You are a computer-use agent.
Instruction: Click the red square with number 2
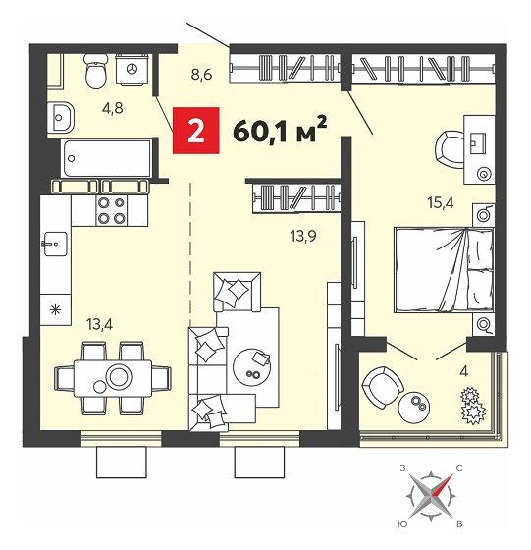[196, 131]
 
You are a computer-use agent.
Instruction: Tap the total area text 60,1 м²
[280, 130]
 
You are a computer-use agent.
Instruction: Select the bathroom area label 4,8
[113, 108]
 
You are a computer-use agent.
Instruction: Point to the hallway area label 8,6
[201, 75]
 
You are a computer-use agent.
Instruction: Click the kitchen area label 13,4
[99, 324]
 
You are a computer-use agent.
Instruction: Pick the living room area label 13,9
[303, 237]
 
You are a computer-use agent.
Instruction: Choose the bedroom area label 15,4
[441, 202]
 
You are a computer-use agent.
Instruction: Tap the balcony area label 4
[463, 371]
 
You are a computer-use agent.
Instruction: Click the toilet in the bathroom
[95, 71]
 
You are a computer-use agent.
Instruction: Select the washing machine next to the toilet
[132, 70]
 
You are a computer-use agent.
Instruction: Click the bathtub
[107, 158]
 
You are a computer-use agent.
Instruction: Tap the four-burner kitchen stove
[112, 211]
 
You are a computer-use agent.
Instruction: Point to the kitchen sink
[56, 244]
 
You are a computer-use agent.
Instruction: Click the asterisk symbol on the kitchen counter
[55, 310]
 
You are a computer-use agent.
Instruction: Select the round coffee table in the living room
[252, 367]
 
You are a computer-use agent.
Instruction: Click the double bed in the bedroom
[444, 270]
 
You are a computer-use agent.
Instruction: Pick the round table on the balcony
[414, 407]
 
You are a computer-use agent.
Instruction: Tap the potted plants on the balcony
[472, 405]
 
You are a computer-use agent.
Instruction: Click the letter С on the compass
[459, 467]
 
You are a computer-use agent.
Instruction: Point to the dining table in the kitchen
[113, 378]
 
